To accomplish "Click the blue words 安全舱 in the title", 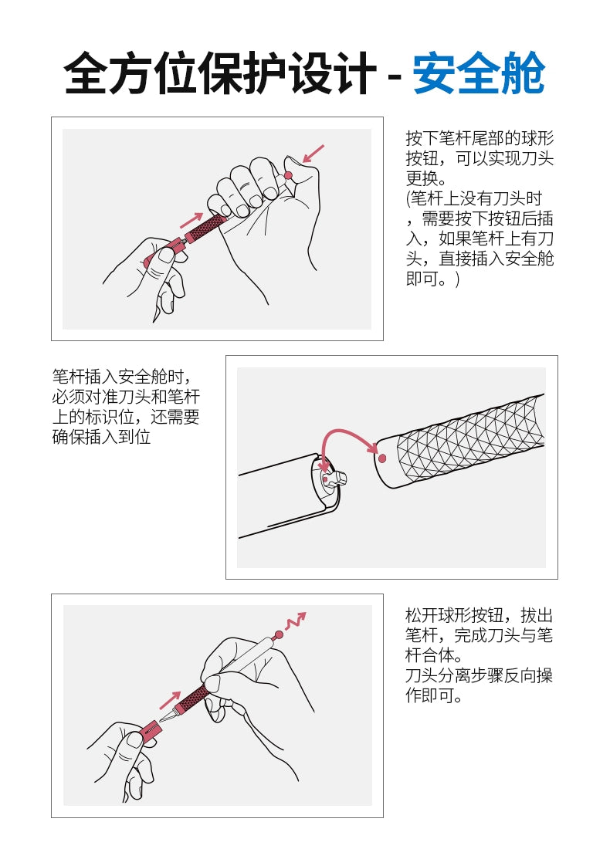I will click(x=479, y=75).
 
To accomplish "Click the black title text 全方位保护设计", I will click(x=219, y=75).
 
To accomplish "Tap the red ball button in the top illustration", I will click(x=288, y=176).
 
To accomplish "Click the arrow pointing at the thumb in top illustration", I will click(x=313, y=154).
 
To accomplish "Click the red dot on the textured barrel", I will click(x=381, y=457).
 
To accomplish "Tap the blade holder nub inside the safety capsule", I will click(x=335, y=478).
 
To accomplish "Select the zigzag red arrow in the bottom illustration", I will click(x=296, y=621).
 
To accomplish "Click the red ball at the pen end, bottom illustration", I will click(x=279, y=635).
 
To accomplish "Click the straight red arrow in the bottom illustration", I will click(x=170, y=700).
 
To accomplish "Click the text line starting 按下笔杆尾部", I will click(x=480, y=139).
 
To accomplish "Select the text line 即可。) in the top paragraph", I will click(x=432, y=279).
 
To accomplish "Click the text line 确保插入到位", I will click(x=101, y=437).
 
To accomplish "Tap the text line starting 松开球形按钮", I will click(x=479, y=616).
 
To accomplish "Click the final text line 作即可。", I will click(x=434, y=696).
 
